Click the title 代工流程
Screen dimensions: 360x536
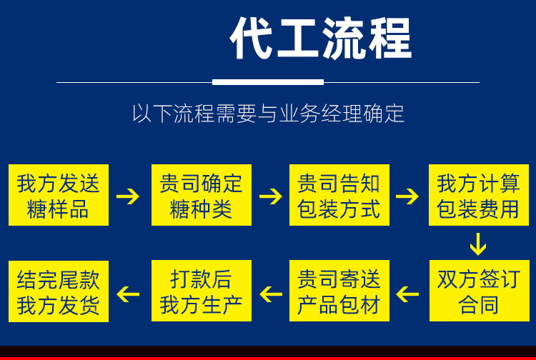[x=321, y=39]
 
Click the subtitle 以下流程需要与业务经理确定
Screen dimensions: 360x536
[x=268, y=114]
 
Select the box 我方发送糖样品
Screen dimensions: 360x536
[x=59, y=195]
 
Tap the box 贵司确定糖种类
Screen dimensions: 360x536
[x=201, y=195]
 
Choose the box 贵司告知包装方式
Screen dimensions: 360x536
[x=339, y=195]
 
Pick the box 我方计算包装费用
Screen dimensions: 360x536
[x=478, y=195]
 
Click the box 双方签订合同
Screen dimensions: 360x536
[x=478, y=291]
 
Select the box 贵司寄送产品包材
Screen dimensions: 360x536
[x=339, y=291]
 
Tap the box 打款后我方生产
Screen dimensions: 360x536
[x=201, y=291]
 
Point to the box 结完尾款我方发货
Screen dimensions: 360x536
[x=59, y=291]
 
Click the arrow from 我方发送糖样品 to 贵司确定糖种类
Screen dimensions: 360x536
[x=129, y=196]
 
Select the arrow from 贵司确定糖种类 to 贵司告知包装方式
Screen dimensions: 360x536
[x=271, y=196]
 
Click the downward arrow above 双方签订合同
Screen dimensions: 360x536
[x=477, y=244]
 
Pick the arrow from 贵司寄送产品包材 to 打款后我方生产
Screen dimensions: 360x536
[x=271, y=293]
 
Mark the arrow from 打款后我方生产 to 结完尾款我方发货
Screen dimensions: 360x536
[x=129, y=293]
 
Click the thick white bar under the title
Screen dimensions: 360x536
[x=268, y=82]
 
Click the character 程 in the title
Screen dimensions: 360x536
[x=389, y=39]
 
